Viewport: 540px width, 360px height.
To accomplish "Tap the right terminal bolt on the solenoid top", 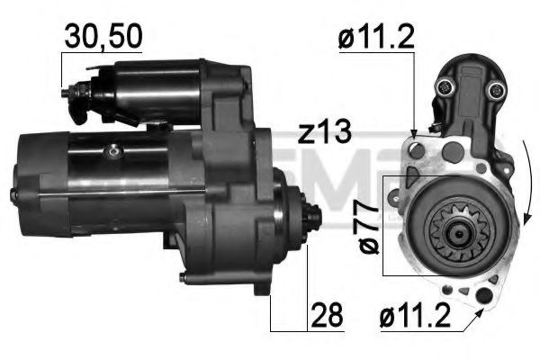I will click(494, 90).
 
